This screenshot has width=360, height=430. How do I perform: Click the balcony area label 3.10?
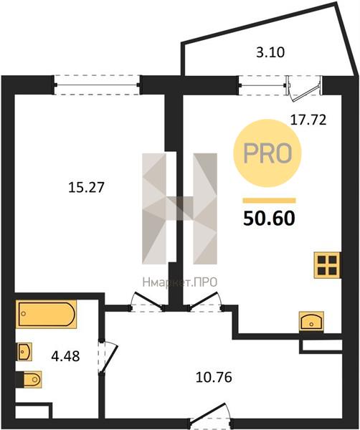(x=270, y=52)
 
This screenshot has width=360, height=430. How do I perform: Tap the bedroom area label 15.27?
(x=86, y=188)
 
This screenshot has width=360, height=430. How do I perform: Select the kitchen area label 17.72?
(x=308, y=120)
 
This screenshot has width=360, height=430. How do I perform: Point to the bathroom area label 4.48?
(x=65, y=356)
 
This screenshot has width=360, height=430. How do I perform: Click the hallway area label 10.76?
(x=214, y=378)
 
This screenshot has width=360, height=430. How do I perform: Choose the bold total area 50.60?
(x=269, y=219)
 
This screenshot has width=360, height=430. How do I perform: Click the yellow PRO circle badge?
(x=267, y=153)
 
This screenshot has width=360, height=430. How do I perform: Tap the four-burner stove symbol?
(x=327, y=265)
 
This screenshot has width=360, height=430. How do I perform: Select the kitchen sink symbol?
(x=311, y=321)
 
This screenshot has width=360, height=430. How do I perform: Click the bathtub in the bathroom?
(x=47, y=315)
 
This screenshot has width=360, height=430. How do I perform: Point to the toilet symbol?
(x=29, y=379)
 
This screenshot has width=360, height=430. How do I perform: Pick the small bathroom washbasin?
(x=24, y=352)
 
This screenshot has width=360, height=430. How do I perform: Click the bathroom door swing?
(x=108, y=356)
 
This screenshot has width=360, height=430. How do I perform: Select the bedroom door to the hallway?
(x=147, y=302)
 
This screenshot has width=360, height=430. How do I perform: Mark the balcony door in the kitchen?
(x=303, y=88)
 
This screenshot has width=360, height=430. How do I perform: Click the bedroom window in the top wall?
(x=97, y=85)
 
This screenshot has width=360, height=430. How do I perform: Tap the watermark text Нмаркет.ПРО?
(x=180, y=282)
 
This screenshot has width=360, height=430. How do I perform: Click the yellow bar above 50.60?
(x=269, y=201)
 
